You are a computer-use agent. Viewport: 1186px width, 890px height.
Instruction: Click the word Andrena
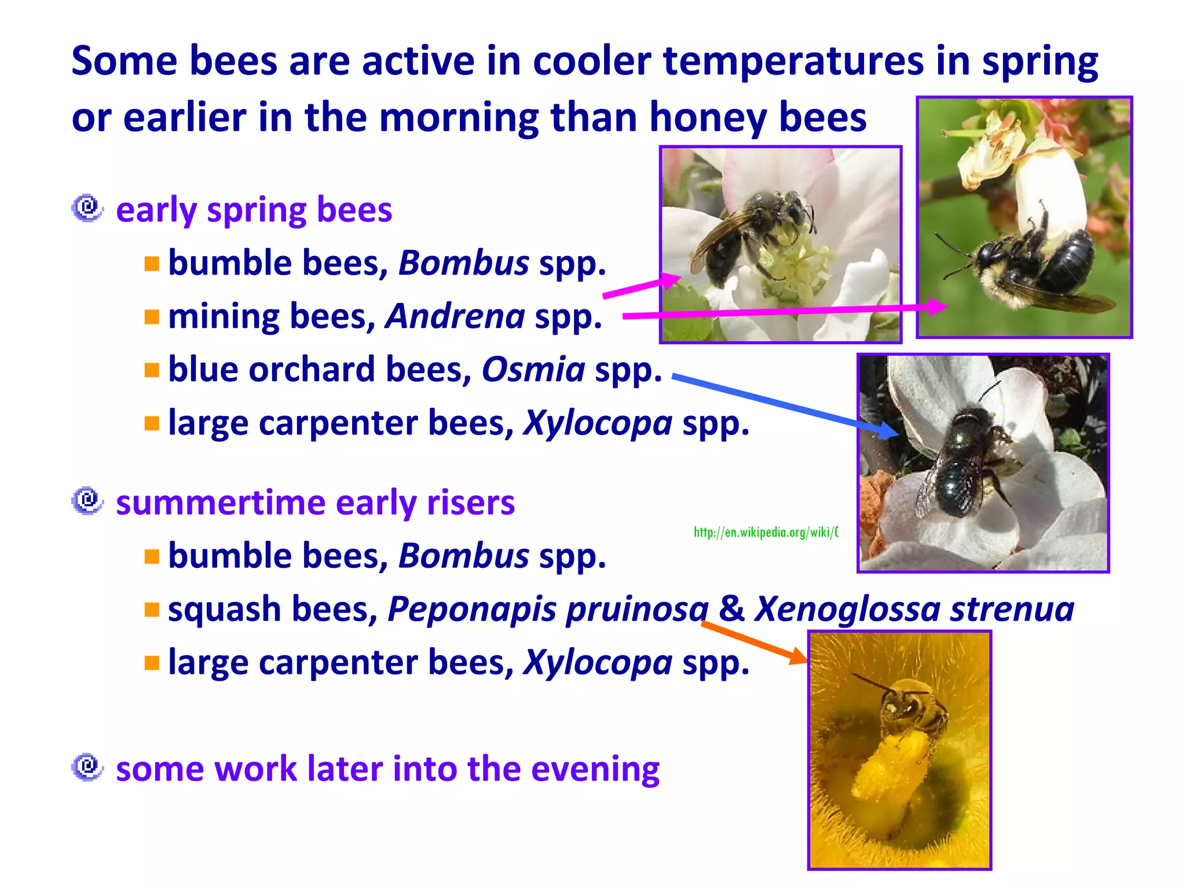click(455, 317)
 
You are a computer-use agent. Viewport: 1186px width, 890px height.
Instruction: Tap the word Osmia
click(533, 370)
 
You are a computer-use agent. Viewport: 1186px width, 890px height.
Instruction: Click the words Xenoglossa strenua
click(914, 609)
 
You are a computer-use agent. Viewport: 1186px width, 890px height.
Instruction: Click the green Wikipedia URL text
click(766, 532)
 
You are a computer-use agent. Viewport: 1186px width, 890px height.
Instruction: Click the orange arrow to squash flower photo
click(753, 641)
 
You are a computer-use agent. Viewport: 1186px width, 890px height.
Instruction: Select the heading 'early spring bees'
click(254, 210)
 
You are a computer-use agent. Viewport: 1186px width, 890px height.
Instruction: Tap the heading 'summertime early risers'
click(315, 502)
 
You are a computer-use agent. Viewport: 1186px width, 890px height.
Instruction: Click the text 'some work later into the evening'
click(387, 769)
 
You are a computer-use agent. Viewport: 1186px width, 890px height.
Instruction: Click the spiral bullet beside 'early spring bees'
click(87, 208)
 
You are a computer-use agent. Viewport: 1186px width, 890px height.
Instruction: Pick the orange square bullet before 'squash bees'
click(152, 610)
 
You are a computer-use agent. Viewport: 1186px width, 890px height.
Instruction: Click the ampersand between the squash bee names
click(731, 609)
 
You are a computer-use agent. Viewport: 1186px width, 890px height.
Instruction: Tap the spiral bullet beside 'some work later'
click(87, 767)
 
